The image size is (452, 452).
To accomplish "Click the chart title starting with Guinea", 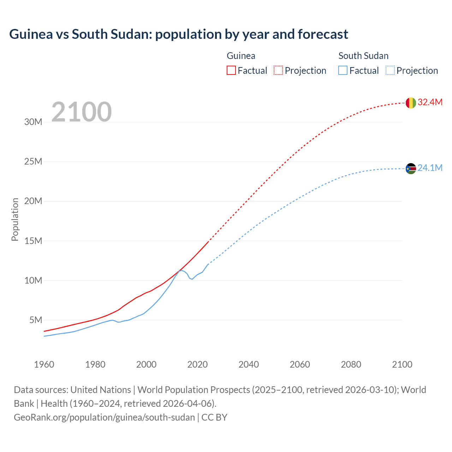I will pos(179,34).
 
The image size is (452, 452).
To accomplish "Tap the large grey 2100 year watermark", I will pos(82,112).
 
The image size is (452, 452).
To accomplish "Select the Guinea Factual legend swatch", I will pos(231,70).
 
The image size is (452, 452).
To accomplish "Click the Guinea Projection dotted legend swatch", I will pos(278,70).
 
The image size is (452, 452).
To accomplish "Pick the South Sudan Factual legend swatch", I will pos(343,70).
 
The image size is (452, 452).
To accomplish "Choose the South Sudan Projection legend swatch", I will pos(390,70).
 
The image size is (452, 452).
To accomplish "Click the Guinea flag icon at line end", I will pos(411,103).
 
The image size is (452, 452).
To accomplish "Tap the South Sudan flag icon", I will pos(411,168).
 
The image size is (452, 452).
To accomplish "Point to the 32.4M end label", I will pos(430,102).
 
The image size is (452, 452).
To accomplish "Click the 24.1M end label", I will pos(430,168).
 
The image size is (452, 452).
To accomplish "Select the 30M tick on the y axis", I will pos(33,122).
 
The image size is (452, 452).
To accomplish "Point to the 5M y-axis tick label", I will pos(36,320).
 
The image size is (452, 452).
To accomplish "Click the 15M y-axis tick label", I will pos(33,241).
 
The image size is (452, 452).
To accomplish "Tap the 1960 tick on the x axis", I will pos(44,364).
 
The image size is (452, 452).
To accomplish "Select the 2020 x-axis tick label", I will pos(197,364).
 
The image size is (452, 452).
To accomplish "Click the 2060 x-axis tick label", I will pos(300,364).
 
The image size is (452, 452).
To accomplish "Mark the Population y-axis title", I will pos(15,219).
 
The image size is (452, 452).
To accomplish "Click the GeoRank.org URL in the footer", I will pos(104,417).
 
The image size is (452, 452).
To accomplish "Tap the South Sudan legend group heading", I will pos(363,56).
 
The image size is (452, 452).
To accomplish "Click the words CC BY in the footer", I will pos(214,417).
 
